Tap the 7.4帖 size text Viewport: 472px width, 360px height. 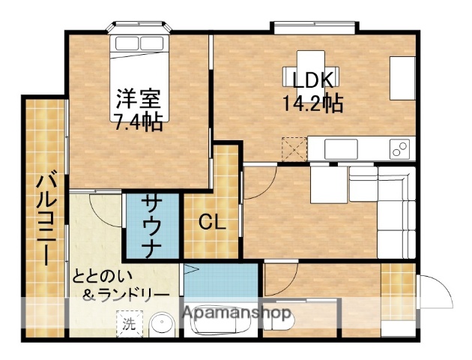point(139,121)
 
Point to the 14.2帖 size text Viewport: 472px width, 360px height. point(312,103)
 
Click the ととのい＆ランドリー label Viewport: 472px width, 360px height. point(120,285)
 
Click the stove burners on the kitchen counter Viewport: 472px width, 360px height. point(399,148)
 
